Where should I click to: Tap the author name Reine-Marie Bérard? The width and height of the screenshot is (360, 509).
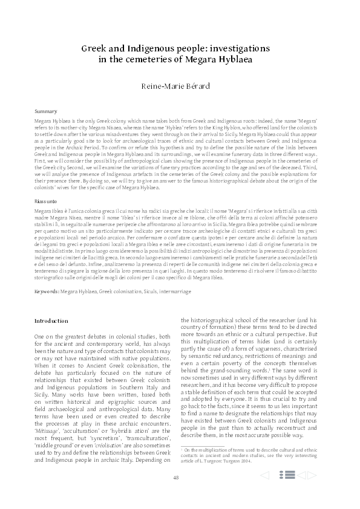(x=180, y=88)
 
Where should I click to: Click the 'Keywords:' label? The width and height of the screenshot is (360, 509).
(x=47, y=291)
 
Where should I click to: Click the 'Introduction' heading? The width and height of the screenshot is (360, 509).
(x=51, y=320)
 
